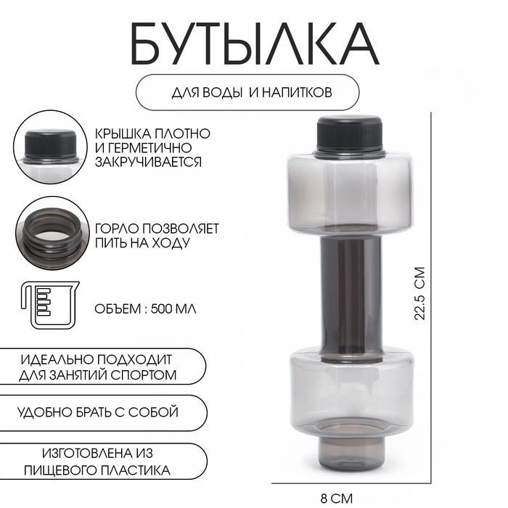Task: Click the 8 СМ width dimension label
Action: coord(337,498)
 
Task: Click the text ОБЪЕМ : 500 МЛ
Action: coord(145,308)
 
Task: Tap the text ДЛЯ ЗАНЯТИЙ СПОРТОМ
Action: coord(99,375)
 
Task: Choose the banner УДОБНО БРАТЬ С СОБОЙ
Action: coord(98,412)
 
